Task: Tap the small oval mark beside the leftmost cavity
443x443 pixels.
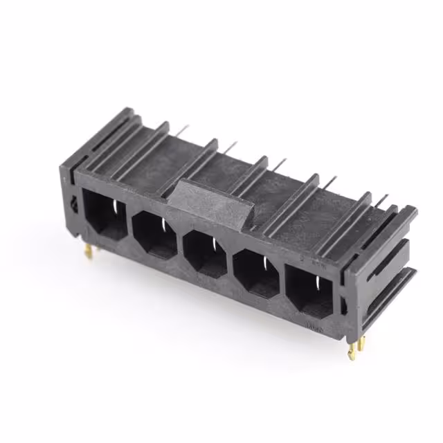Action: pos(75,203)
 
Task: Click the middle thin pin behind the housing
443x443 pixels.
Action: pos(279,163)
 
